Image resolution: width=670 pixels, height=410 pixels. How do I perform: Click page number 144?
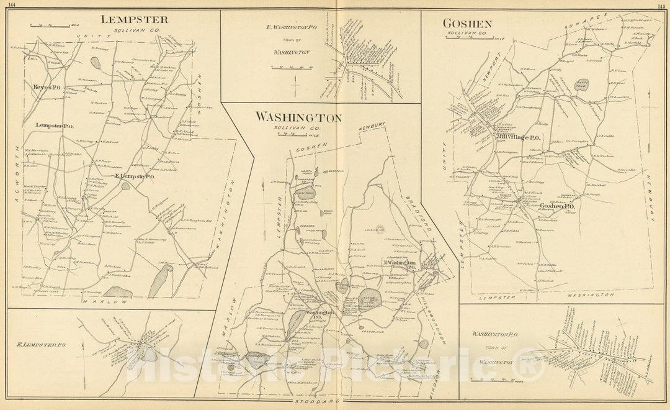[x=9, y=4]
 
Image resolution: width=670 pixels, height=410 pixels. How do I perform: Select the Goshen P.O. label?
[x=556, y=206]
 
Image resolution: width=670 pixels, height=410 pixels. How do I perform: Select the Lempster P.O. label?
[x=55, y=126]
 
